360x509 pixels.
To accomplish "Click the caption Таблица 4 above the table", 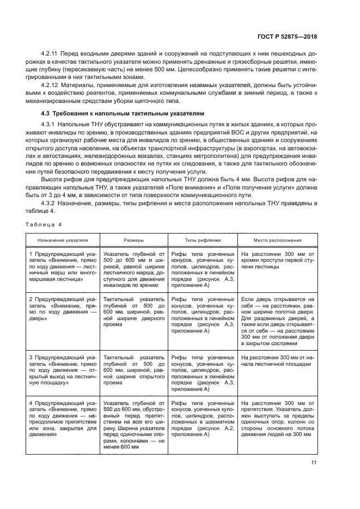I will (x=44, y=225).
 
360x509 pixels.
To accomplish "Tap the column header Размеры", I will (x=133, y=240).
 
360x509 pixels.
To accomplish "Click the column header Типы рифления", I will (x=203, y=240).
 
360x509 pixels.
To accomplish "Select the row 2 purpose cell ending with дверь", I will (x=62, y=308).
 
